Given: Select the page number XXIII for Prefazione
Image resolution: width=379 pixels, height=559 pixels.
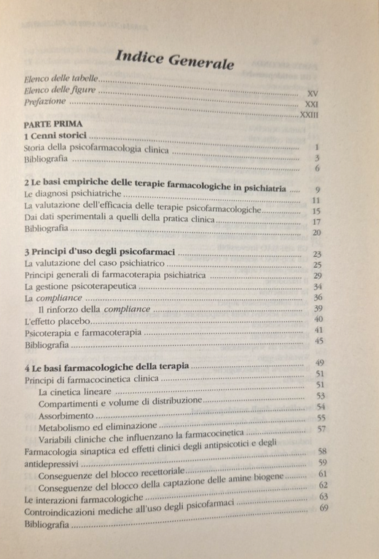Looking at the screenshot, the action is pyautogui.click(x=309, y=116).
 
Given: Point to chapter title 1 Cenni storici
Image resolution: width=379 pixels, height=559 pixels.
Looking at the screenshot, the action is pyautogui.click(x=55, y=136).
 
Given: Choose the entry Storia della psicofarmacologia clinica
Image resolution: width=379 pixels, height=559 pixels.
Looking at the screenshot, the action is pyautogui.click(x=95, y=150).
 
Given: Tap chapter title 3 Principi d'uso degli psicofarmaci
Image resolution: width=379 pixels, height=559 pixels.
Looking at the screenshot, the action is pyautogui.click(x=100, y=252).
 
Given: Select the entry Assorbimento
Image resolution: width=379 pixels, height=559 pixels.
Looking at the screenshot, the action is pyautogui.click(x=66, y=415).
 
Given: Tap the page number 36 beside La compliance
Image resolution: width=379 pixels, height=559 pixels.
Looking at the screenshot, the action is pyautogui.click(x=317, y=298).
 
